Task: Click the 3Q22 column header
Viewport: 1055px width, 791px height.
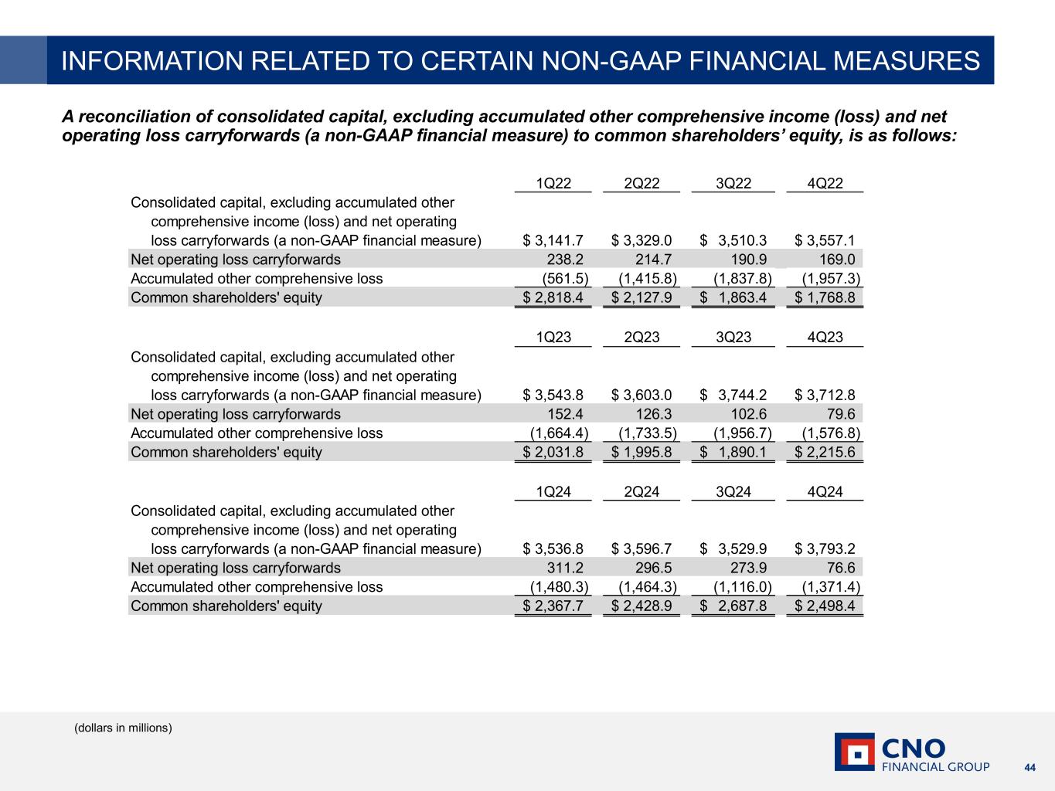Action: coord(733,183)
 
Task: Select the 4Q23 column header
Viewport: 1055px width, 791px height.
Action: coord(825,338)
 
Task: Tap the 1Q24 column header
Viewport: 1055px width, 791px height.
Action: coord(553,492)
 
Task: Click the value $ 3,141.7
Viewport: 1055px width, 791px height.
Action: coord(553,240)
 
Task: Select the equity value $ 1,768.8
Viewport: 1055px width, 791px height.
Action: coord(825,297)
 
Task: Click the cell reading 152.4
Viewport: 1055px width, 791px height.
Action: coord(560,414)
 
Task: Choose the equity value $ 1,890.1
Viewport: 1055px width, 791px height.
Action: coord(733,452)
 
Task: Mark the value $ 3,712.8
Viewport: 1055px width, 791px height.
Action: coord(825,395)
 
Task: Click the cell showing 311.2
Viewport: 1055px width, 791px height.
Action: coord(560,568)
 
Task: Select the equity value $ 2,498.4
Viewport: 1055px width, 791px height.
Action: coord(825,606)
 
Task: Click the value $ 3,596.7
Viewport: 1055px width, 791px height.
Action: coord(642,549)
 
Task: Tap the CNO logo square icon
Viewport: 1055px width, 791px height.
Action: coord(854,752)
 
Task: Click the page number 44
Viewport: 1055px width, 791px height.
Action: coord(1029,767)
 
